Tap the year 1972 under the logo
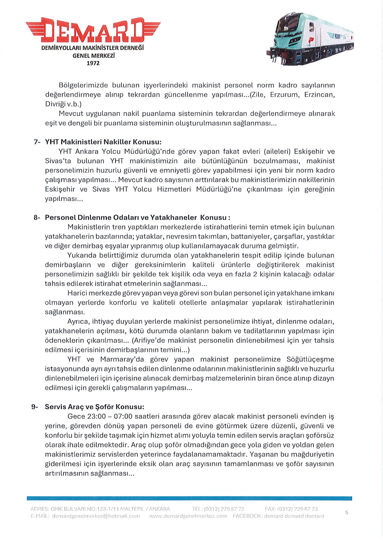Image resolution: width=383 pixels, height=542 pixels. tap(93, 63)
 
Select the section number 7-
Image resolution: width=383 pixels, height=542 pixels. tap(37, 142)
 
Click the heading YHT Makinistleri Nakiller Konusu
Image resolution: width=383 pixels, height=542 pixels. tap(103, 142)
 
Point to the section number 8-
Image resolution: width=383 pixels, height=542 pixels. tap(37, 217)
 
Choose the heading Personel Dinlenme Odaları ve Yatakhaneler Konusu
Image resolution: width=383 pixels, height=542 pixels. tap(137, 217)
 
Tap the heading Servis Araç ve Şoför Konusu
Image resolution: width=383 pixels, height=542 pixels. tap(94, 407)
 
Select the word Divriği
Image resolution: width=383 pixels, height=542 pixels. tap(56, 104)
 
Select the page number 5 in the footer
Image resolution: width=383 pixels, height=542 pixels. tap(347, 513)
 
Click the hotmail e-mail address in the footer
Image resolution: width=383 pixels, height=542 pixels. tap(96, 516)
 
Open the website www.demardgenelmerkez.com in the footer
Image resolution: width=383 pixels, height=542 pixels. tap(188, 516)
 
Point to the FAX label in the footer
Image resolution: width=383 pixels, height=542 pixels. tap(271, 509)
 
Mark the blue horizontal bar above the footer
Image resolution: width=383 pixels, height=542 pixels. tap(189, 499)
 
